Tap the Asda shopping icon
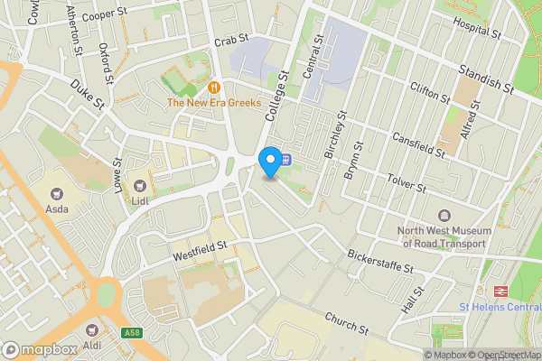tap(58, 194)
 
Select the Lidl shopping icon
tap(141, 186)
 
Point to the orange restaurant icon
tap(214, 88)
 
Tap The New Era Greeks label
tap(213, 103)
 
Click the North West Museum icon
tap(444, 216)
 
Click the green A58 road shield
tap(132, 333)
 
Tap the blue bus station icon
tap(285, 160)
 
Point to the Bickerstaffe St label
tap(379, 263)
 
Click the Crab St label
tap(230, 42)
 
